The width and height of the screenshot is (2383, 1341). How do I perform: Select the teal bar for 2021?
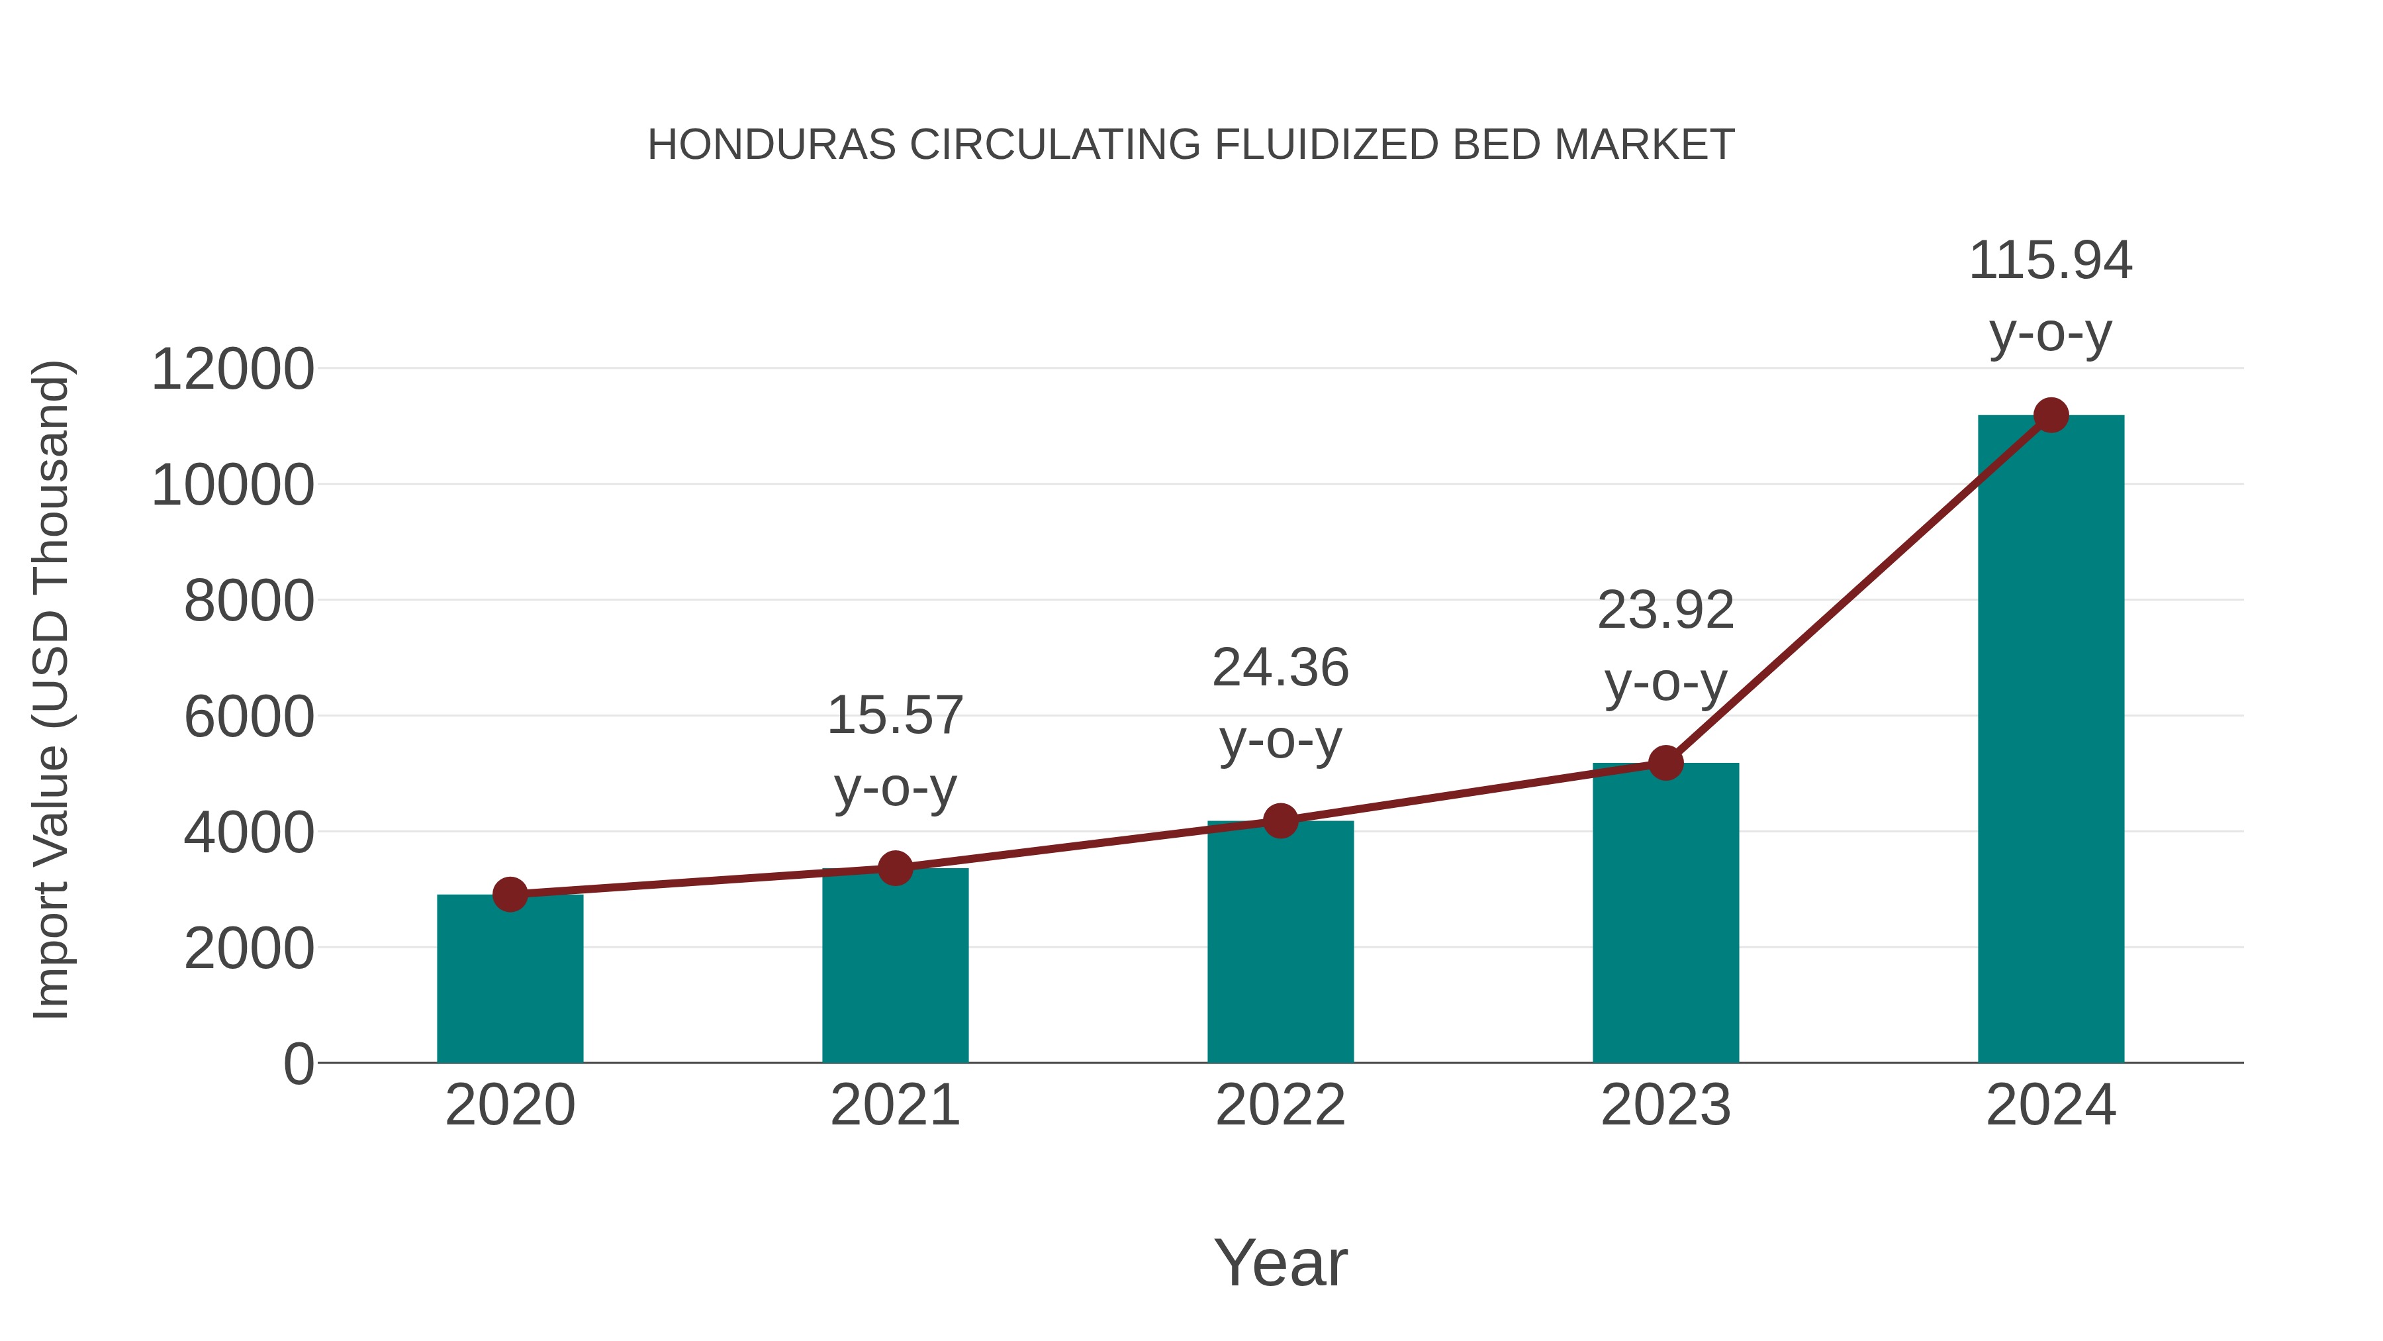coord(894,966)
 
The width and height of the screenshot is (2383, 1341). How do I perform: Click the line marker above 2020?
coord(510,895)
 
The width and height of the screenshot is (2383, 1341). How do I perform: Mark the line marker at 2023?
coord(1665,764)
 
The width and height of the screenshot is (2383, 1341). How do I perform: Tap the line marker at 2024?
coord(2051,415)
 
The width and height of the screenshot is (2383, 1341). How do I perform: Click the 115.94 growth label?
coord(2051,261)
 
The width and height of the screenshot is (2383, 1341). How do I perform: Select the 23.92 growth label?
coord(1665,611)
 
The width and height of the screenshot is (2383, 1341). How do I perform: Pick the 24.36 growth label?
coord(1280,668)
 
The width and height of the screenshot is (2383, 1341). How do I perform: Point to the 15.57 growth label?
coord(894,717)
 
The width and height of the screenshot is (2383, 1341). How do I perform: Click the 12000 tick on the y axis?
coord(232,370)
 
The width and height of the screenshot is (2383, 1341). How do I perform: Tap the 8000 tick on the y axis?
coord(249,601)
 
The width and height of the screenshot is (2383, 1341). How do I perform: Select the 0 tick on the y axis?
coord(299,1064)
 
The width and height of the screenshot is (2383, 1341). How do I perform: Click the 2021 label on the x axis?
coord(894,1105)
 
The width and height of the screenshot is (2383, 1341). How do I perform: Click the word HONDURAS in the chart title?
coord(772,145)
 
